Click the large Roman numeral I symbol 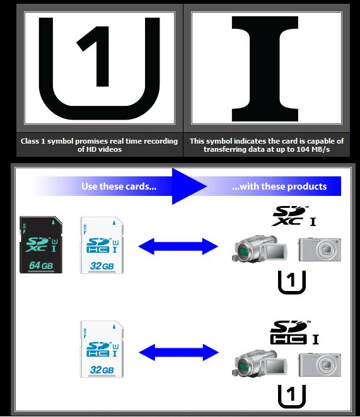pos(265,69)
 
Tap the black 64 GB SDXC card pos(41,244)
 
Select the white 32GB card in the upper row pos(102,245)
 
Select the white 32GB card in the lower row pos(102,349)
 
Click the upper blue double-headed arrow pos(178,246)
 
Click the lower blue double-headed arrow pos(178,352)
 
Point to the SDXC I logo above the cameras pos(294,216)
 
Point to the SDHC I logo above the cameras pos(294,333)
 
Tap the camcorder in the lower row pos(260,363)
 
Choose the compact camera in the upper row pos(320,249)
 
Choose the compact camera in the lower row pos(320,365)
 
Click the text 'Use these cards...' pos(119,186)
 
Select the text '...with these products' pos(279,186)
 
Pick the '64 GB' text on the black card pos(41,265)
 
